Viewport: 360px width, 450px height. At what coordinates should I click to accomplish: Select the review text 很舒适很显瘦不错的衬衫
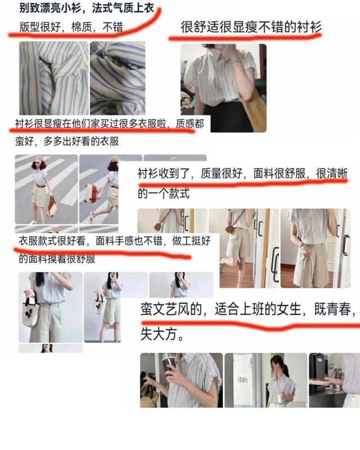pos(251,27)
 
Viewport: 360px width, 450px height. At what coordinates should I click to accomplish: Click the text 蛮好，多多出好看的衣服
pos(67,141)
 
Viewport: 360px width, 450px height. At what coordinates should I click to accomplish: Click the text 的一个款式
pos(163,193)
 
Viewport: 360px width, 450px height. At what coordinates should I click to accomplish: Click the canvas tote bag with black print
pos(30,312)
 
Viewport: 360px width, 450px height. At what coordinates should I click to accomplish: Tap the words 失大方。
pos(162,334)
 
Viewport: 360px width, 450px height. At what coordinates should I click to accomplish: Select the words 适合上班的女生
pos(258,309)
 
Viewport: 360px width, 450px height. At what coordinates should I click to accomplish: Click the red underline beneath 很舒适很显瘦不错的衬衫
pos(245,38)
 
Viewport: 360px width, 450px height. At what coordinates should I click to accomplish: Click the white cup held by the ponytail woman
pos(280,398)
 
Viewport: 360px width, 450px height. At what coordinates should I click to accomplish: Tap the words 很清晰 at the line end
pos(332,173)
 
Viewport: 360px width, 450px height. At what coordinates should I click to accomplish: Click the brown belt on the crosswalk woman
pos(40,186)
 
